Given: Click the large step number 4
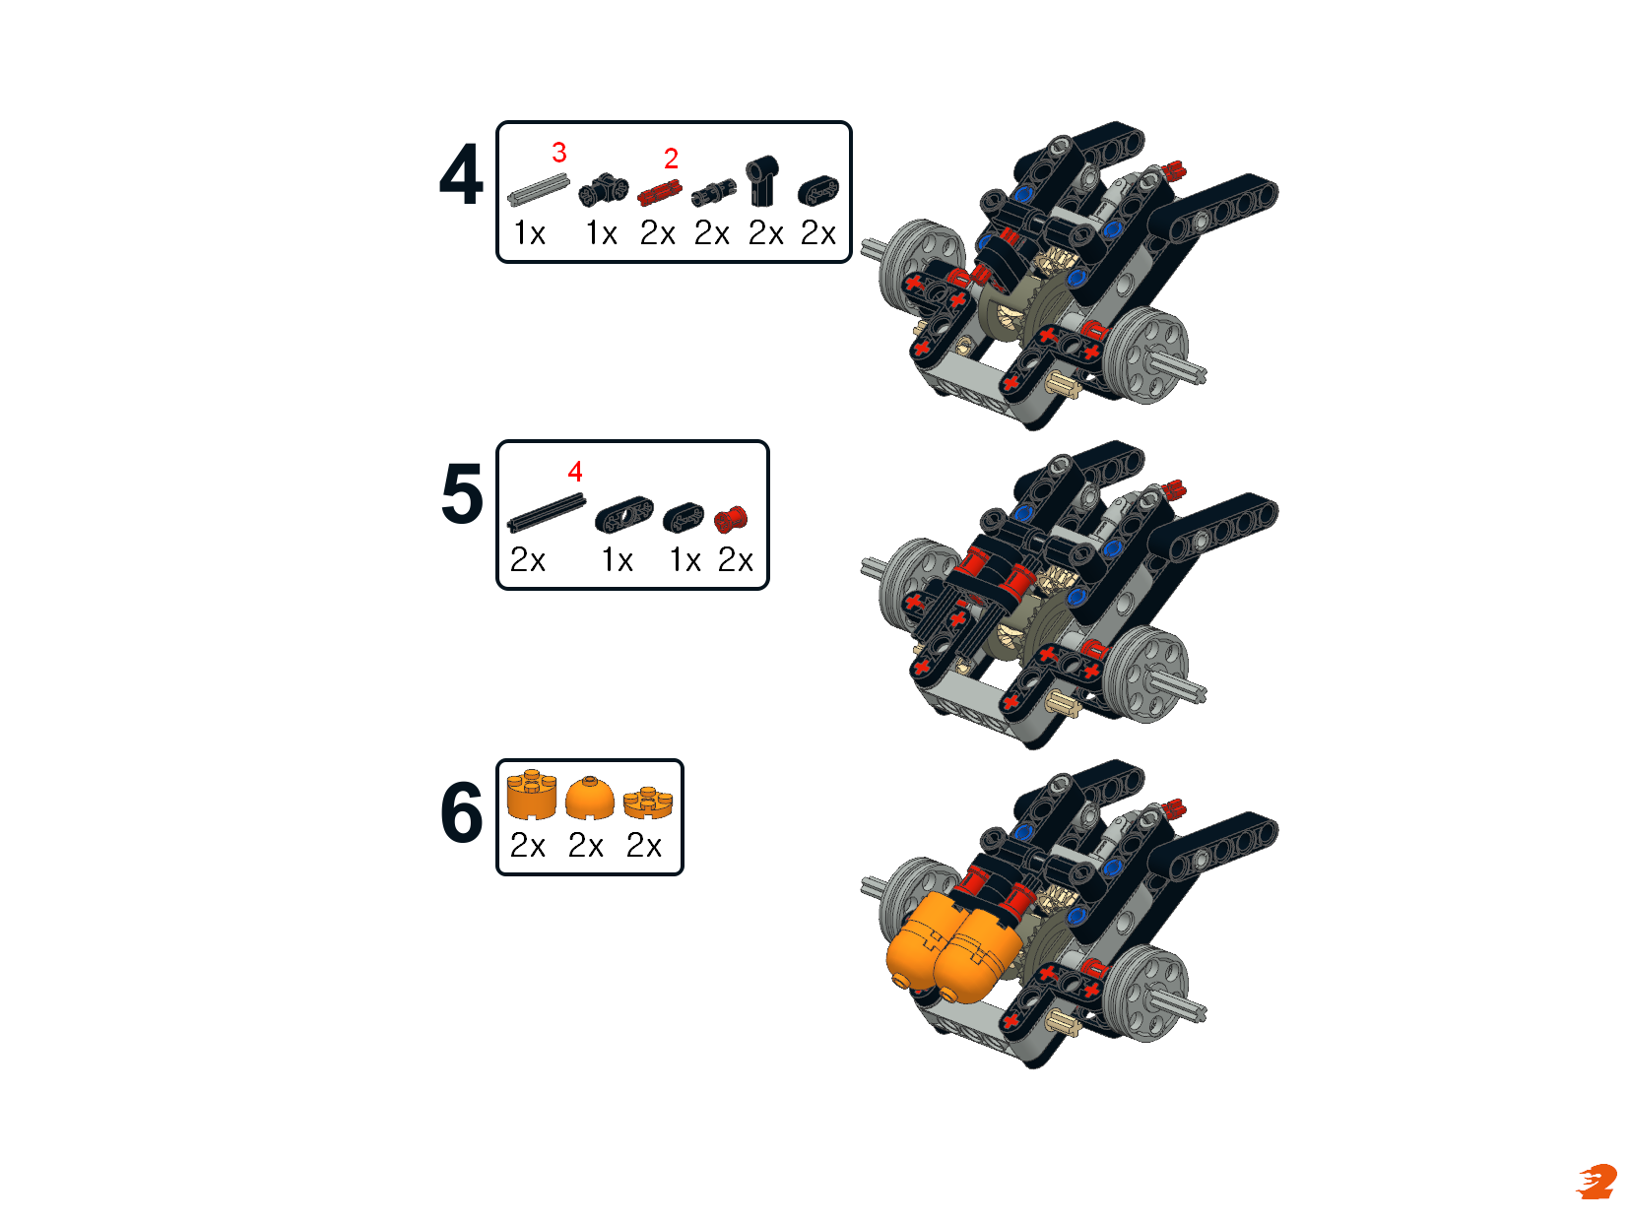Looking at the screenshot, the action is point(461,175).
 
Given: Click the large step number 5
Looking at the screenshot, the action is point(462,493).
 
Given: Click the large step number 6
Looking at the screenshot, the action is point(462,812).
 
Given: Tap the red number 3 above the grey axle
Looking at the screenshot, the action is point(558,153).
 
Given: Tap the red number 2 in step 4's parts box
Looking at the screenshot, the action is point(670,158).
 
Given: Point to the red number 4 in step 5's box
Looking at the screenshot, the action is point(574,471).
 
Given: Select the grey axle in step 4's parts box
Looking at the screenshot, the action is point(538,189).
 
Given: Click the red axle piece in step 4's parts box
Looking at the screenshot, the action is point(659,194).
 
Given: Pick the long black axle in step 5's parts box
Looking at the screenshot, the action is point(547,513).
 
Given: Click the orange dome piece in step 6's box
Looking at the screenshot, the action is point(589,799).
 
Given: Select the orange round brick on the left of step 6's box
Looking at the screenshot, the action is point(532,795).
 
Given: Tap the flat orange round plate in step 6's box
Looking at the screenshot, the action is point(648,803).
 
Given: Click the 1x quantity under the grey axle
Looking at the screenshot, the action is point(529,233).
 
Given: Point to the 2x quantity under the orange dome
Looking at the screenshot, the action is point(586,845).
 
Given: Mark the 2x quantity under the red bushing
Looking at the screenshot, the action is point(735,559).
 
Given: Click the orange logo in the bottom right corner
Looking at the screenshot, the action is point(1596,1182).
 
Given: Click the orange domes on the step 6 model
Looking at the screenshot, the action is point(952,946).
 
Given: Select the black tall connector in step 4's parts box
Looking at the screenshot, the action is point(761,180).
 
